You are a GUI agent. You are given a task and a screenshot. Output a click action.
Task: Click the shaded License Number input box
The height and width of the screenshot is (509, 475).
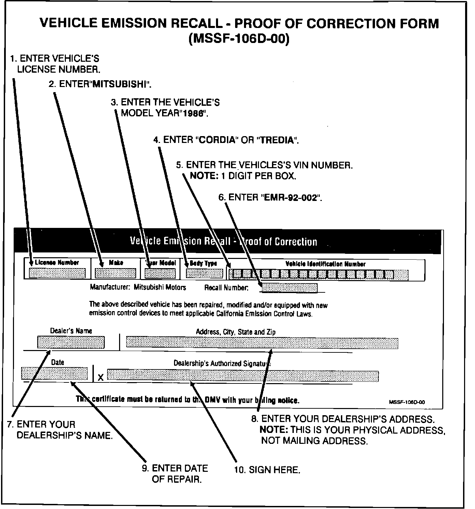point(57,273)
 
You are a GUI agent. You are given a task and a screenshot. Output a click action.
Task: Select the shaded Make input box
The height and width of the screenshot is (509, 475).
point(115,273)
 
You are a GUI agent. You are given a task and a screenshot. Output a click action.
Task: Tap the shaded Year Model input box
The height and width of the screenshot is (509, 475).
point(160,273)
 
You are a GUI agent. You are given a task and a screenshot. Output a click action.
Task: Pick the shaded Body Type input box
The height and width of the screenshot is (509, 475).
point(204,273)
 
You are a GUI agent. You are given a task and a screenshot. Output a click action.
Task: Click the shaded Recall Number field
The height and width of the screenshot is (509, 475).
point(289,288)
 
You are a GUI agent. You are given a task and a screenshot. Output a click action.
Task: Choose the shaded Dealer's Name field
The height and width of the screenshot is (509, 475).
point(71,342)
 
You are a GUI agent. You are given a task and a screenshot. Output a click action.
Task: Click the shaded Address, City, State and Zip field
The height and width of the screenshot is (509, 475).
point(262,343)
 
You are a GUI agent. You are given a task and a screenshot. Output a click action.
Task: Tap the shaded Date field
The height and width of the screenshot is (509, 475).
point(55,373)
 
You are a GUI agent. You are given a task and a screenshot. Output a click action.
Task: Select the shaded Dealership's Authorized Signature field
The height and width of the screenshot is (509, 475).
point(243,375)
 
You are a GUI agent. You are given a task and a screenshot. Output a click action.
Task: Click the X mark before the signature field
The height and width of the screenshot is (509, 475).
point(100,378)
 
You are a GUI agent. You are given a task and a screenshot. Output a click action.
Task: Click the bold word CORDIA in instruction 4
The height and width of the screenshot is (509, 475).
point(217,140)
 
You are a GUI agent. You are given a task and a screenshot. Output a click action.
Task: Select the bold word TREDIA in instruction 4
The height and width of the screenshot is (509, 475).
point(277,140)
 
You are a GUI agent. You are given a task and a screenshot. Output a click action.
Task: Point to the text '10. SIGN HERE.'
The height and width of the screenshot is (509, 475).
point(267,470)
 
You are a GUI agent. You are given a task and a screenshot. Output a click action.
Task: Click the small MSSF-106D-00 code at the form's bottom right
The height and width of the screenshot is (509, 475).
point(407,402)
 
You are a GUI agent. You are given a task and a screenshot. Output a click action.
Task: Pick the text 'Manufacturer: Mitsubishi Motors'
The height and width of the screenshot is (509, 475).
point(138,287)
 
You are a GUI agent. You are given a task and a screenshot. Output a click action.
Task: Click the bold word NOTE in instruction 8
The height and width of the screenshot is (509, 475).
point(274,430)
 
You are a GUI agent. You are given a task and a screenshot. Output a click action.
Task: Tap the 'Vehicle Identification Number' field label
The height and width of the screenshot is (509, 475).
point(325,264)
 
